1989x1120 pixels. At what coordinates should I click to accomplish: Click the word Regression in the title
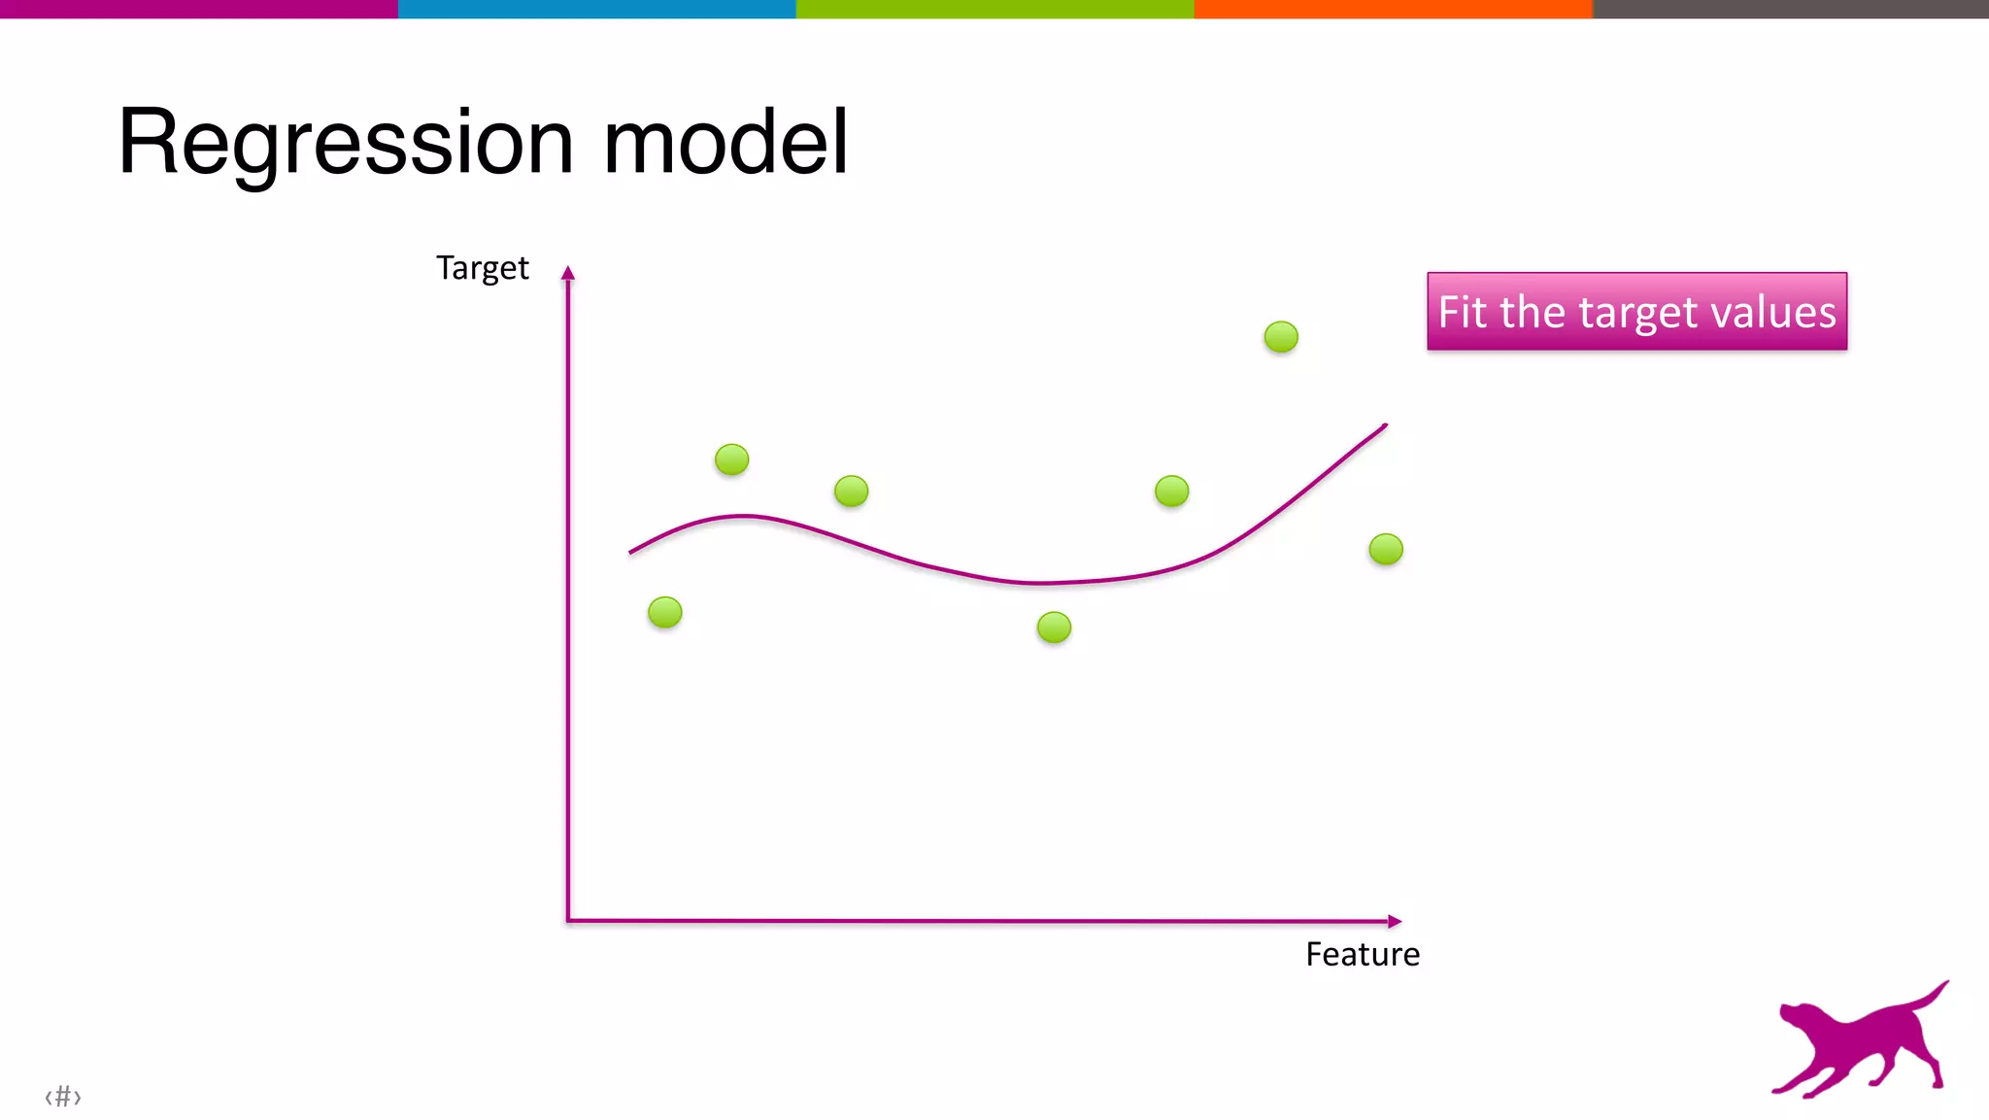347,144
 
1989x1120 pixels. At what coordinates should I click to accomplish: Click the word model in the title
725,144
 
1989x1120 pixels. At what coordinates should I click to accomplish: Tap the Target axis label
482,268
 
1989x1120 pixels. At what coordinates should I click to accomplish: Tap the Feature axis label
1362,955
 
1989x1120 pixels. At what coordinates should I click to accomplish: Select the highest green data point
1281,337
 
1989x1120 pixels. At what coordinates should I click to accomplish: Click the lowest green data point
1054,628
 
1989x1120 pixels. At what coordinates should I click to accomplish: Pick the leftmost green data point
665,613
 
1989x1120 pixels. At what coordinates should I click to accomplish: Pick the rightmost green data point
1386,550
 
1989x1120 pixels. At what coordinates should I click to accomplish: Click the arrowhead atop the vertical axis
568,273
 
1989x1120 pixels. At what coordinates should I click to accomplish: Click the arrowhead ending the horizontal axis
1395,921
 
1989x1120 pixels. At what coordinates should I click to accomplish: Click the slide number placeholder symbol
63,1097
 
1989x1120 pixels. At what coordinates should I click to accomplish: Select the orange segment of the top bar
1393,9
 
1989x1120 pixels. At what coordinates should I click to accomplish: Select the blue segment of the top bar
596,9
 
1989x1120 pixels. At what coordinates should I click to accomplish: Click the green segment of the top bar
994,9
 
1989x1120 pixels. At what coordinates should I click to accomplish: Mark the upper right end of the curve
1384,425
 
